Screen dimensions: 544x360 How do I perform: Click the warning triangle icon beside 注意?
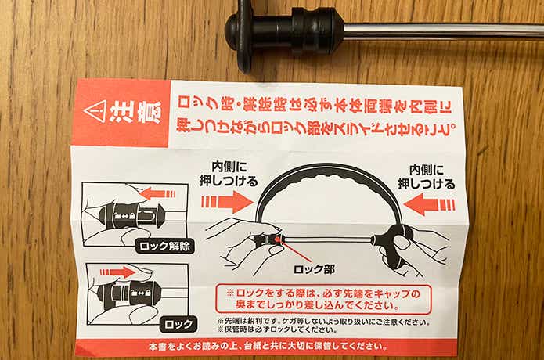point(95,111)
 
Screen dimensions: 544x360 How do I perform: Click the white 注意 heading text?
point(135,112)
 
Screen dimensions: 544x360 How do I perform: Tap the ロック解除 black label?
point(164,247)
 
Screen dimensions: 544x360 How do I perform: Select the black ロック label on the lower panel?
point(178,325)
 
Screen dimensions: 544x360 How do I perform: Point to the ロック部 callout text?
point(314,270)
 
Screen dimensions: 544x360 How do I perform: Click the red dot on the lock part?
point(277,239)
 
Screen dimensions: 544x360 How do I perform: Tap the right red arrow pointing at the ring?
point(429,204)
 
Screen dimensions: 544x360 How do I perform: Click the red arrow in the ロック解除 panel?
point(158,194)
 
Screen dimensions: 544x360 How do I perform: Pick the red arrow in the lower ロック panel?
point(117,272)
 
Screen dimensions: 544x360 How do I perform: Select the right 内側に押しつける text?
point(427,177)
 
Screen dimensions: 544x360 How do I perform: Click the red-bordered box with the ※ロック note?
point(323,299)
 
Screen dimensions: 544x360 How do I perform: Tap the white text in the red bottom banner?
point(268,346)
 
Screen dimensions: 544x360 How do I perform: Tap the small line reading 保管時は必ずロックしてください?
point(277,329)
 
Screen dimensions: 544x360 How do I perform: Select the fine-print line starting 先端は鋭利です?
point(324,322)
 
